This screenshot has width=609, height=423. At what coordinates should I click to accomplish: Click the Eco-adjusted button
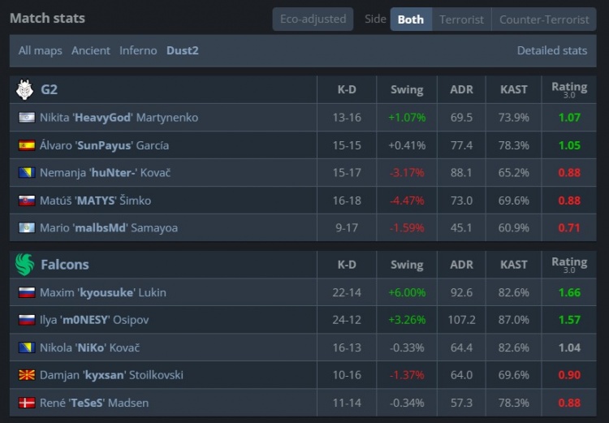(313, 19)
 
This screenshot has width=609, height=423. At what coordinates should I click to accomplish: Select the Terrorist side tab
(461, 19)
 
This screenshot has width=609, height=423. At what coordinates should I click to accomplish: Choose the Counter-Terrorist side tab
(544, 19)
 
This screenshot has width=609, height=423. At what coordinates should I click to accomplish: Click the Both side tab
(411, 19)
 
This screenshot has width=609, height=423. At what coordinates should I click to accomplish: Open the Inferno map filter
(138, 50)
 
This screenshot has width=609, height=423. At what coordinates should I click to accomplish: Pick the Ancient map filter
(91, 50)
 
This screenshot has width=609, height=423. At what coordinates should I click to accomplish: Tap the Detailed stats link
(552, 50)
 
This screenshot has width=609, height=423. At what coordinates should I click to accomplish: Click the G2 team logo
(24, 89)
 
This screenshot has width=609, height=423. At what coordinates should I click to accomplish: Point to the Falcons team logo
(24, 264)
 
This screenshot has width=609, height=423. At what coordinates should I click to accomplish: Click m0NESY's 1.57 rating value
(569, 320)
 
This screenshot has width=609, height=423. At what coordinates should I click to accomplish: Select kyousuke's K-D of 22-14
(347, 292)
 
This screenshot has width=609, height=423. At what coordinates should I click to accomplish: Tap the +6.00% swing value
(407, 292)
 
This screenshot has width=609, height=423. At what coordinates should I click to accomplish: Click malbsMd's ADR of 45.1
(461, 228)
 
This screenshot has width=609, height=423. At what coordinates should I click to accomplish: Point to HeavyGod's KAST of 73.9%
(514, 118)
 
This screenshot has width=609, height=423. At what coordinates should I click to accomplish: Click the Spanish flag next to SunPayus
(26, 145)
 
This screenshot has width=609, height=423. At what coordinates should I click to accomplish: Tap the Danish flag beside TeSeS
(26, 403)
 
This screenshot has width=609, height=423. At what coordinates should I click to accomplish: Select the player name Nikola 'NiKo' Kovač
(89, 347)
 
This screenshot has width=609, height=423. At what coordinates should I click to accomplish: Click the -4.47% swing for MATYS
(407, 201)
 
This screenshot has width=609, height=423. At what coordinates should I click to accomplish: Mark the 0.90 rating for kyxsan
(569, 375)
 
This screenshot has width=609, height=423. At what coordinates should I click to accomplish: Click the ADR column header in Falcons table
(461, 265)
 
